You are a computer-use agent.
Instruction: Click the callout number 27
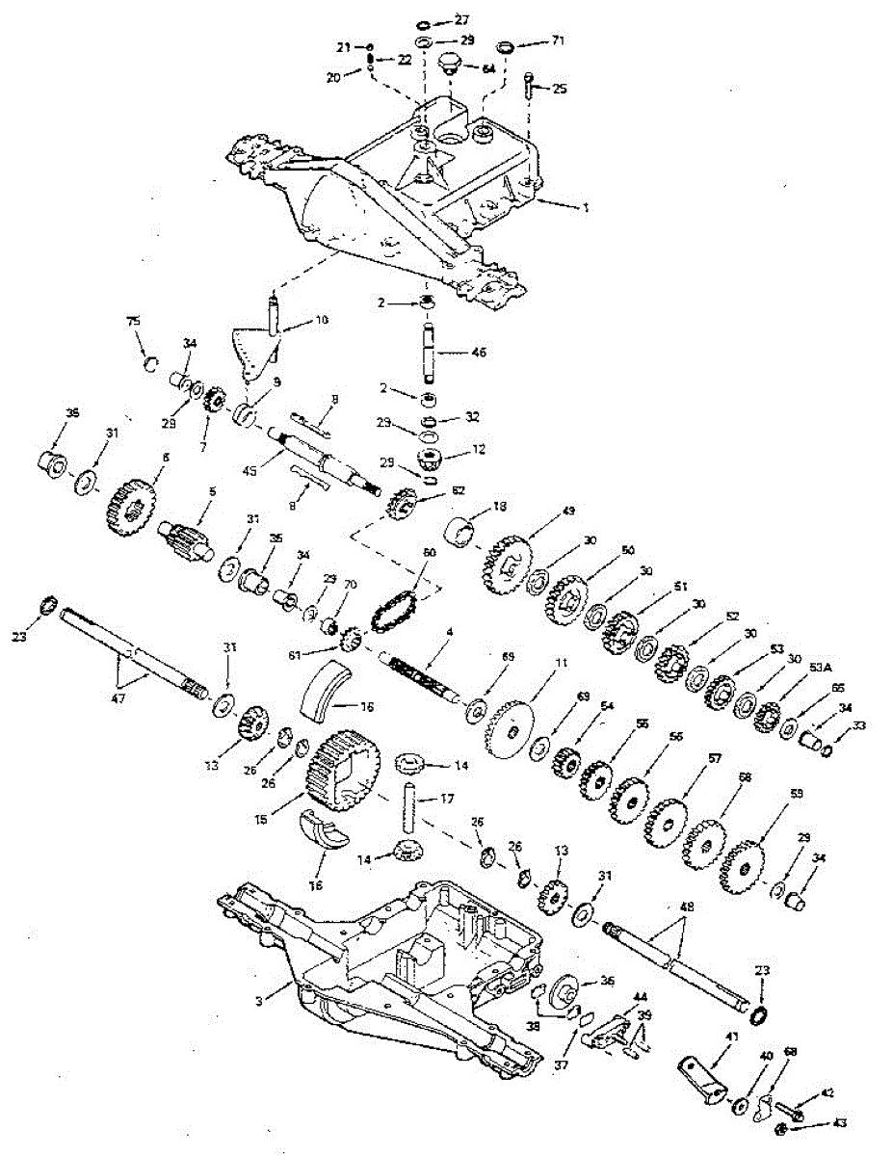tap(463, 19)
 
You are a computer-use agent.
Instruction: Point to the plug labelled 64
tap(448, 64)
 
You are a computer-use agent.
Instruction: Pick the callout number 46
tap(479, 353)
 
